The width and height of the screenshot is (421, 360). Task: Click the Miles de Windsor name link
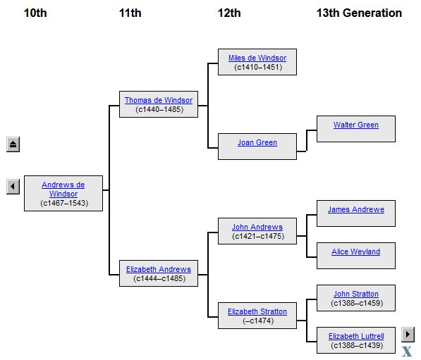click(x=257, y=58)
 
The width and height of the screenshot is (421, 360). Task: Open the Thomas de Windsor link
click(x=159, y=100)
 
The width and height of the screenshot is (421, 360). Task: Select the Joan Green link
click(x=257, y=142)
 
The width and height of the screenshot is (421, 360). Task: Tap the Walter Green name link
click(x=356, y=125)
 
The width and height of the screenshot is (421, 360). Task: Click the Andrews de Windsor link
click(x=63, y=189)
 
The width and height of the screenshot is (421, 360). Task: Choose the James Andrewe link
click(x=356, y=209)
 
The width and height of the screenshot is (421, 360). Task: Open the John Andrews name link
click(x=257, y=228)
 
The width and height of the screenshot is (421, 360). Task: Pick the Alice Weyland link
click(x=355, y=252)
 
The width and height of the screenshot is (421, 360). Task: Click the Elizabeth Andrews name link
click(x=159, y=269)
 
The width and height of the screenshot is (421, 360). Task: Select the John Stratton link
click(x=356, y=294)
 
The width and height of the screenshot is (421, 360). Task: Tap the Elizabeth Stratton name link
click(x=257, y=311)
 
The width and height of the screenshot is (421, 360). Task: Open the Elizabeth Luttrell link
click(x=356, y=336)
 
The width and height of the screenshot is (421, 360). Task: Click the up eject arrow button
click(x=13, y=144)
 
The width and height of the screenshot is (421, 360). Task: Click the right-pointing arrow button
click(x=408, y=335)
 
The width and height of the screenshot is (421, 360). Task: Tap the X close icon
click(x=407, y=352)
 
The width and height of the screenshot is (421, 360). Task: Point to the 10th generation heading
click(x=35, y=13)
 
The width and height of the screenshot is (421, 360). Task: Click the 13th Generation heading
click(x=359, y=13)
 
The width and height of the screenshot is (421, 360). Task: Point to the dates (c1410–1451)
click(x=258, y=67)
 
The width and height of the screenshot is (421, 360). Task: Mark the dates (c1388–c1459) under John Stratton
click(x=357, y=303)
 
